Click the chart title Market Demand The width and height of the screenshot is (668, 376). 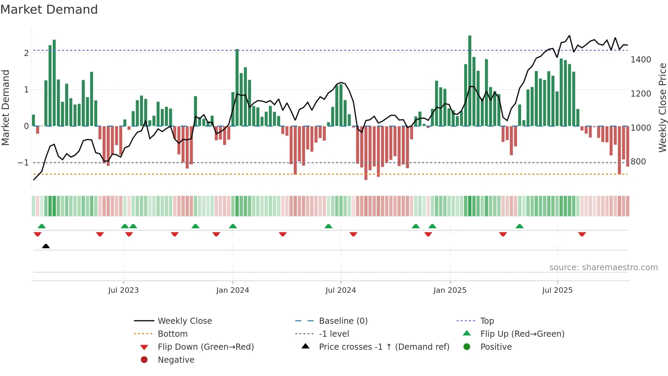tap(49, 10)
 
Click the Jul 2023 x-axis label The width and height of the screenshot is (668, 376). tap(123, 290)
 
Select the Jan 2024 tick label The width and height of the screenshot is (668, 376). tap(232, 290)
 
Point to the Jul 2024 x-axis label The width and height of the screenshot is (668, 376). tap(340, 290)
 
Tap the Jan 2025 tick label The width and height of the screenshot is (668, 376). tap(450, 290)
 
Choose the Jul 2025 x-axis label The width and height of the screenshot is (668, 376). tap(557, 290)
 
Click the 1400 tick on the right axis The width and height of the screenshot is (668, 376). tap(641, 60)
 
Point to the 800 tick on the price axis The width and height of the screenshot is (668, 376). tap(638, 162)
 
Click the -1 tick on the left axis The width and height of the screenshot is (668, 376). tap(24, 163)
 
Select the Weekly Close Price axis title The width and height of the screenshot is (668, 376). tap(662, 107)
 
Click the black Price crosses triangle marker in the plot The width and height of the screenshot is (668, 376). tap(46, 246)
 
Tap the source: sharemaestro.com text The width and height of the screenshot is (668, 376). tap(603, 267)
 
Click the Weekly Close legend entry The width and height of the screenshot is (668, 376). tap(184, 321)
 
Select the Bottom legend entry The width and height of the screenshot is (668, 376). tap(172, 334)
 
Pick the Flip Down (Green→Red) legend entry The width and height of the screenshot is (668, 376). tap(206, 347)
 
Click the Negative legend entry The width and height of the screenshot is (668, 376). tap(176, 360)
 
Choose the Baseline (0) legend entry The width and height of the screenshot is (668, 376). tap(343, 321)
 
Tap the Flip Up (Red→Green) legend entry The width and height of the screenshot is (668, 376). tap(522, 334)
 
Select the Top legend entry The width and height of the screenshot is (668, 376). tap(487, 321)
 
